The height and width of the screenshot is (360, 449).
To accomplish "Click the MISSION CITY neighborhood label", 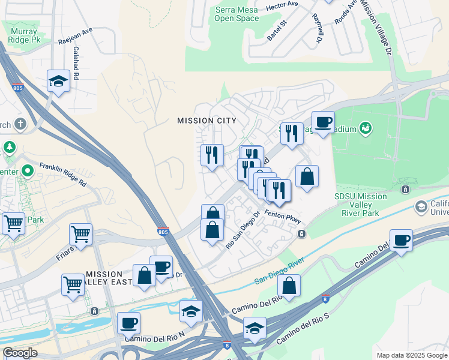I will click(x=206, y=121).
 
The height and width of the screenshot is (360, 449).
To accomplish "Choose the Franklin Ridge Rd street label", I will click(x=64, y=174).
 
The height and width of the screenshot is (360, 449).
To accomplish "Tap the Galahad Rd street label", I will click(x=76, y=67).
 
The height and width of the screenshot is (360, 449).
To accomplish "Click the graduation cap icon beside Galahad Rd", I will click(x=58, y=80).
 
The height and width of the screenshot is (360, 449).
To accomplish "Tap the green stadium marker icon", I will click(x=365, y=128).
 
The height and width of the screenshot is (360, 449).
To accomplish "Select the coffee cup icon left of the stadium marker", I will click(x=323, y=122).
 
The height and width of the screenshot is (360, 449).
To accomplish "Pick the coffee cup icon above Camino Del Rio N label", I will click(x=128, y=323).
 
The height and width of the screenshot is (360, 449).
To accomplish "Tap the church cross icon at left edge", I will click(x=20, y=124).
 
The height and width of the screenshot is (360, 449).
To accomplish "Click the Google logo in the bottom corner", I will click(x=20, y=353).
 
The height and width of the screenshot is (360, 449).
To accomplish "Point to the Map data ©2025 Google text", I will click(x=411, y=355).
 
